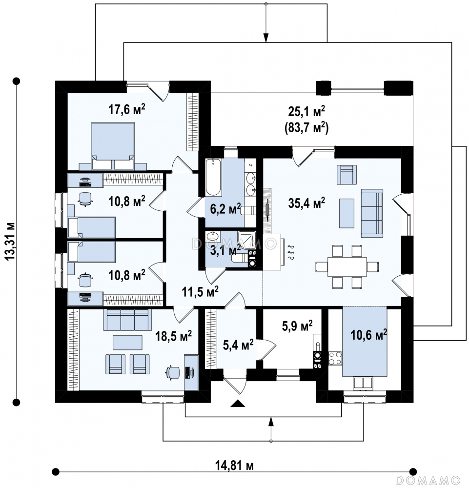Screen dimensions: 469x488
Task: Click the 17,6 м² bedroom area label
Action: pos(126,109)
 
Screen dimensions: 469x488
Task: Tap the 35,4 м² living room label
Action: pos(307,203)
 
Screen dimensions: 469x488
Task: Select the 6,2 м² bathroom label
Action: pos(225,209)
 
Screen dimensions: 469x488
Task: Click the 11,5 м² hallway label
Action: pos(200,292)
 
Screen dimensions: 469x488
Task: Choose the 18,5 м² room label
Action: pos(174,336)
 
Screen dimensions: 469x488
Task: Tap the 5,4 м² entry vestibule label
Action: pos(238,345)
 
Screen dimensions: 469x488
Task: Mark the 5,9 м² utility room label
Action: pos(297,326)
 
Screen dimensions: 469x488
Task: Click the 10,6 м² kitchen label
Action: pos(369,335)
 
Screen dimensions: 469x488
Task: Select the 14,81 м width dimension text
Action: pos(234,466)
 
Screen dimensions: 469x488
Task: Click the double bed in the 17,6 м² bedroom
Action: pos(113,146)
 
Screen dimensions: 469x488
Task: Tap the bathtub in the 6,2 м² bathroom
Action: pos(213,178)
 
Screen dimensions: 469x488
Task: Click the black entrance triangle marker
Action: pos(238,404)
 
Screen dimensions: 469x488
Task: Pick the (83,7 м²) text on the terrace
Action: pos(307,127)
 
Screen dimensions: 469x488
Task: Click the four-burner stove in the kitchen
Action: pos(335,358)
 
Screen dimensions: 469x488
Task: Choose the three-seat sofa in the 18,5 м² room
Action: pos(127,320)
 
